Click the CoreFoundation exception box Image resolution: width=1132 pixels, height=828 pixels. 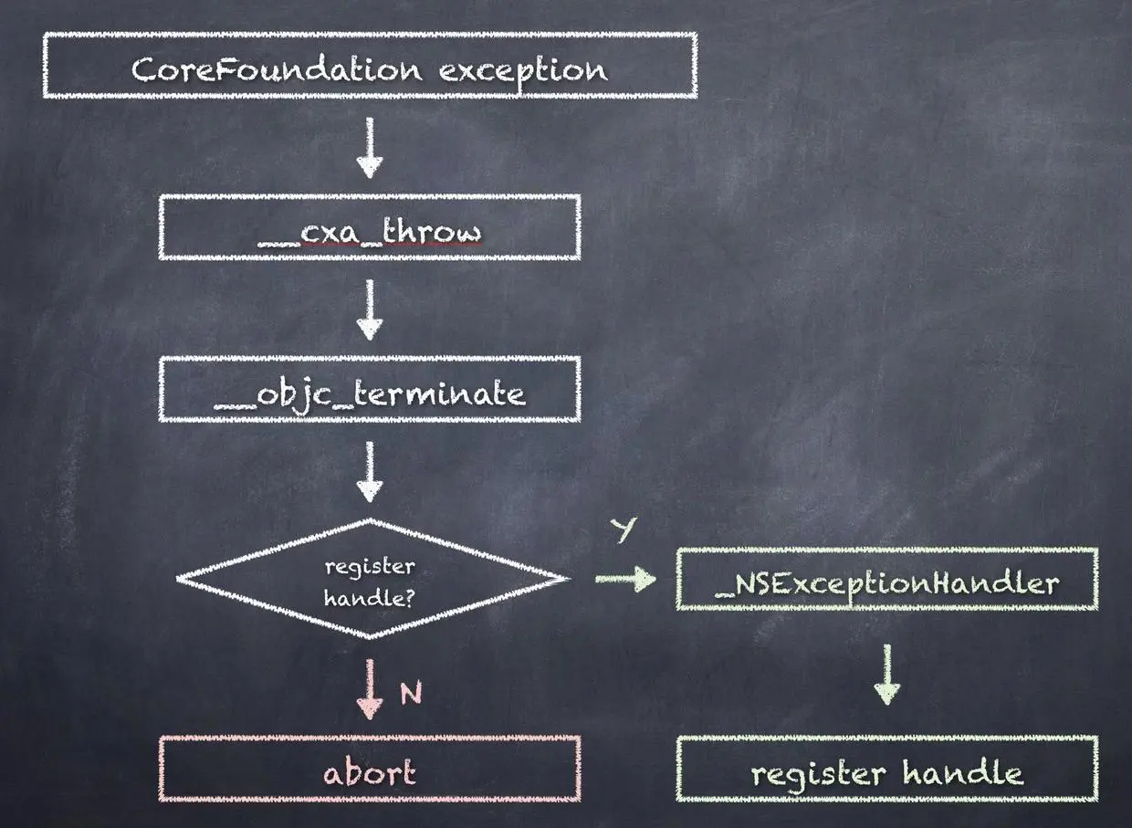point(370,66)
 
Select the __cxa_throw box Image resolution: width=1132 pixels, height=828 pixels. point(370,227)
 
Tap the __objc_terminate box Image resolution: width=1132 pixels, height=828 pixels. point(370,390)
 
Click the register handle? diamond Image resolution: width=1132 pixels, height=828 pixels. point(370,579)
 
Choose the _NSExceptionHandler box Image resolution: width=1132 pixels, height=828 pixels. point(887,579)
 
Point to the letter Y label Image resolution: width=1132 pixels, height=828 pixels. point(624,529)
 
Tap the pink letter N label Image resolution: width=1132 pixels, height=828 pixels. point(411,695)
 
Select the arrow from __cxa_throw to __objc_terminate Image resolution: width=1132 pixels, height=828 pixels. point(370,309)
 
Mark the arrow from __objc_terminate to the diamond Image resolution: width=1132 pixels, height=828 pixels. point(370,472)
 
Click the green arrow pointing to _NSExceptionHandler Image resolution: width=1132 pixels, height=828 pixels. point(625,579)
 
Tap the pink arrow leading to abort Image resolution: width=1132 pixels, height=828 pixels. point(370,689)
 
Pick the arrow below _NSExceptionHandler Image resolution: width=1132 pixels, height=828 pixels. point(887,674)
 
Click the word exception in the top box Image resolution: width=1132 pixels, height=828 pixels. point(522,69)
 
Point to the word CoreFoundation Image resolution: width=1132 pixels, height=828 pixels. point(277,69)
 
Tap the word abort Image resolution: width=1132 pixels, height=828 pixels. point(370,773)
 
